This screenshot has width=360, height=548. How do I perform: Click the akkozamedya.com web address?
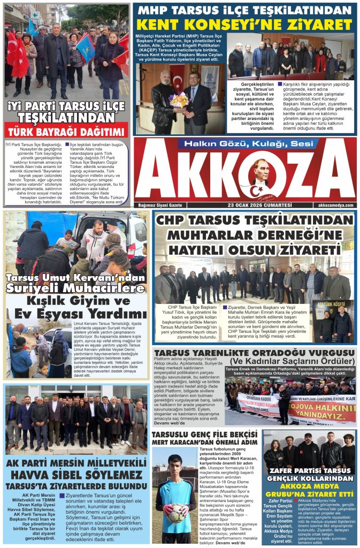pos(335,205)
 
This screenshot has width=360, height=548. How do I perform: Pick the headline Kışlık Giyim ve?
pos(77,301)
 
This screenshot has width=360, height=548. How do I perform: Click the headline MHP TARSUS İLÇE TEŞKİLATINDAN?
pos(244,10)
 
